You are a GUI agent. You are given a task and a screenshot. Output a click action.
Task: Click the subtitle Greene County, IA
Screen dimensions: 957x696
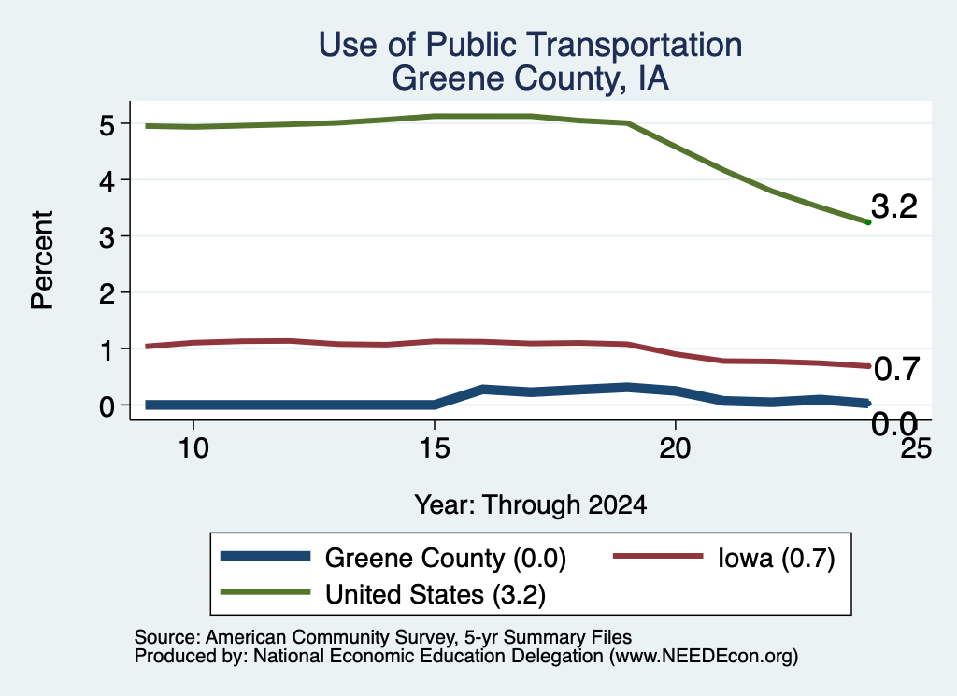[x=531, y=78]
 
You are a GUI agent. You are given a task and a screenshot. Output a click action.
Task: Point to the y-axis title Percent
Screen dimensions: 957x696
[x=42, y=260]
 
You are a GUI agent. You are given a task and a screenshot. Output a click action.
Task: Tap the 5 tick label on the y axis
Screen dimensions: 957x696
[x=107, y=125]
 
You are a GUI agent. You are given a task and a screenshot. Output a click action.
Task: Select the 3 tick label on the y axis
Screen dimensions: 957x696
[x=107, y=237]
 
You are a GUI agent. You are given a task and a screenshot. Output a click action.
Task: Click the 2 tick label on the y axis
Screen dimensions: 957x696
[x=107, y=293]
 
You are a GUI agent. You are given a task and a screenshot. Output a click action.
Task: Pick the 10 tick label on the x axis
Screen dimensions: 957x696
[x=193, y=448]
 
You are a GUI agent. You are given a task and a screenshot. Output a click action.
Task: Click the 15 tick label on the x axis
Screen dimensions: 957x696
[x=434, y=448]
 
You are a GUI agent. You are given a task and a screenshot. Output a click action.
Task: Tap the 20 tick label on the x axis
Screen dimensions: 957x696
[x=675, y=448]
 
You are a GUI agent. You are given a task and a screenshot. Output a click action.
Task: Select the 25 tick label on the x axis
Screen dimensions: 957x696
[x=916, y=448]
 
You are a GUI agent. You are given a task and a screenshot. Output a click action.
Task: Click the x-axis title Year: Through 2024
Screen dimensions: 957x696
[x=531, y=505]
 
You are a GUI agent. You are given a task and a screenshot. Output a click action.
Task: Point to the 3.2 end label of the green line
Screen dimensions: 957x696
[x=894, y=206]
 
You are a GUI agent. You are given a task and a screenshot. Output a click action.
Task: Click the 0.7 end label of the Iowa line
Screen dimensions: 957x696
[x=896, y=369]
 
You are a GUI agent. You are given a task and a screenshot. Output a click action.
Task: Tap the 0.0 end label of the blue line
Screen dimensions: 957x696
[x=894, y=423]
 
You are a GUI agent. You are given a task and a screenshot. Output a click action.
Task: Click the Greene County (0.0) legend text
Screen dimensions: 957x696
[x=446, y=558]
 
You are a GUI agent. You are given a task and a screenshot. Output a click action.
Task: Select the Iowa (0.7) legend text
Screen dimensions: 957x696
[x=776, y=558]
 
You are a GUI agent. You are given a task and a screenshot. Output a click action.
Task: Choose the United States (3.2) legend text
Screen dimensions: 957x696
[x=436, y=595]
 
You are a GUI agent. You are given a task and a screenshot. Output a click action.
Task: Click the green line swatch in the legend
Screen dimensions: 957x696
[x=265, y=592]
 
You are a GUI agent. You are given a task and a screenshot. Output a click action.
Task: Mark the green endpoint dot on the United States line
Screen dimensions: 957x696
[x=868, y=222]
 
